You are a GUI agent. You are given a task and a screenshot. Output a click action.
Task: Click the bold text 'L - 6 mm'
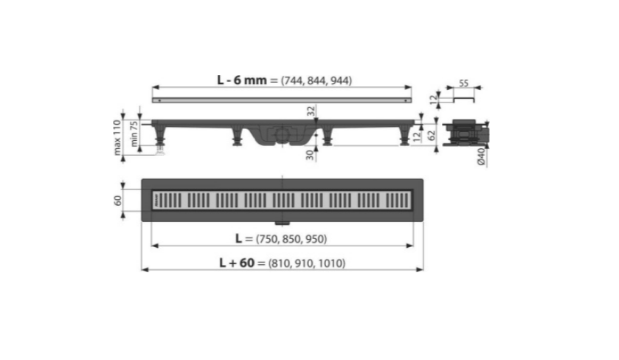point(242,80)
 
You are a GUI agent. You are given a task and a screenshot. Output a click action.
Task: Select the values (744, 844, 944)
point(317,80)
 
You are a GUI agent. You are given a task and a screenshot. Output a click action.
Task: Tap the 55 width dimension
point(464,83)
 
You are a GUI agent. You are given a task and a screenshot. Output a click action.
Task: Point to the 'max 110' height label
point(117,137)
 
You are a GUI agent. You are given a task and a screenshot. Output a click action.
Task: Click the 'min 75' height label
point(134,134)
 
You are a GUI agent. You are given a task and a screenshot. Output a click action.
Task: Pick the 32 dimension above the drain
point(311,111)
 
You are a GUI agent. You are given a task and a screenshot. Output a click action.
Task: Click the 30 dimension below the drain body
point(311,155)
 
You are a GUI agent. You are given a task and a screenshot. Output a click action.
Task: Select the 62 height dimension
point(432,136)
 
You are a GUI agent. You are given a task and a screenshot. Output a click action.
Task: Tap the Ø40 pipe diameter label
point(481,157)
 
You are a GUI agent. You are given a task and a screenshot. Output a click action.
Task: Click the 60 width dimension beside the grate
point(117,201)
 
